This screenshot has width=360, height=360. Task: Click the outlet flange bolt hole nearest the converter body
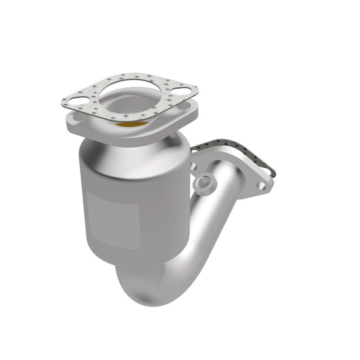193,166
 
